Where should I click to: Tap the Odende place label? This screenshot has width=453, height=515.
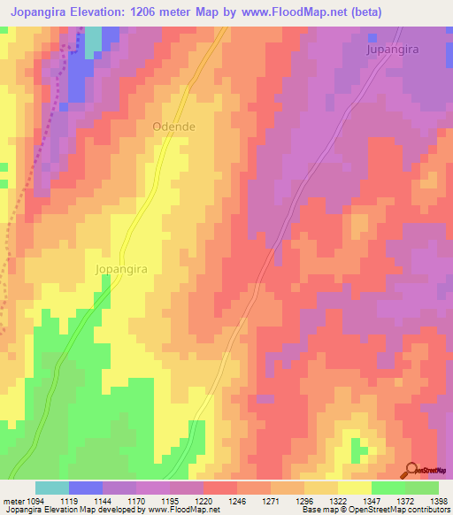click(173, 127)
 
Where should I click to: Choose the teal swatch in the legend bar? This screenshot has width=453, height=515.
click(51, 488)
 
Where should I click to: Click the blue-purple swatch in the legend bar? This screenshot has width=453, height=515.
click(85, 488)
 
